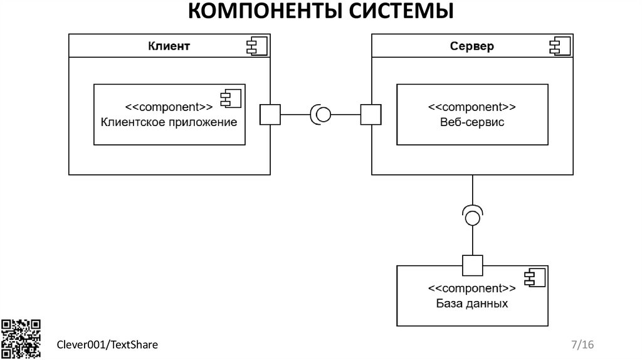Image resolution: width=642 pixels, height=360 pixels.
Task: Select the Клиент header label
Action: (x=169, y=46)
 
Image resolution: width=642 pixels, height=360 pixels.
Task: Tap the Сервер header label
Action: (x=472, y=46)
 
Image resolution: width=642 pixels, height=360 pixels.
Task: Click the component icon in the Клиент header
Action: (x=257, y=45)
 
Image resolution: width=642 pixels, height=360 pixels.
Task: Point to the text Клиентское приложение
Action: (x=169, y=122)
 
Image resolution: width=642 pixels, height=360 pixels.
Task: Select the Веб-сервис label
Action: (x=472, y=122)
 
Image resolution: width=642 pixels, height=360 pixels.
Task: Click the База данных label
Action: (x=471, y=304)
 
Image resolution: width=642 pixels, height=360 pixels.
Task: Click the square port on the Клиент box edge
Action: (x=270, y=115)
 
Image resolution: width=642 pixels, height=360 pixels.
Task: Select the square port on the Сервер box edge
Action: (x=371, y=115)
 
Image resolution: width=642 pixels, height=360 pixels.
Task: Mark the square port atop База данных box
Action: (x=472, y=265)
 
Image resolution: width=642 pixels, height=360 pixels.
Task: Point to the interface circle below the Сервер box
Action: (x=472, y=217)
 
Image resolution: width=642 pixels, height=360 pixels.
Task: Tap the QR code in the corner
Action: (x=21, y=339)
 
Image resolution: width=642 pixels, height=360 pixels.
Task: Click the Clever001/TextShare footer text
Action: (x=107, y=344)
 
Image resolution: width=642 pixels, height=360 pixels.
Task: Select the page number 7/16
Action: (x=582, y=344)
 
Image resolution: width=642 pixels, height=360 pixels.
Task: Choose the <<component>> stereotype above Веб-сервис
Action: (x=472, y=107)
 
